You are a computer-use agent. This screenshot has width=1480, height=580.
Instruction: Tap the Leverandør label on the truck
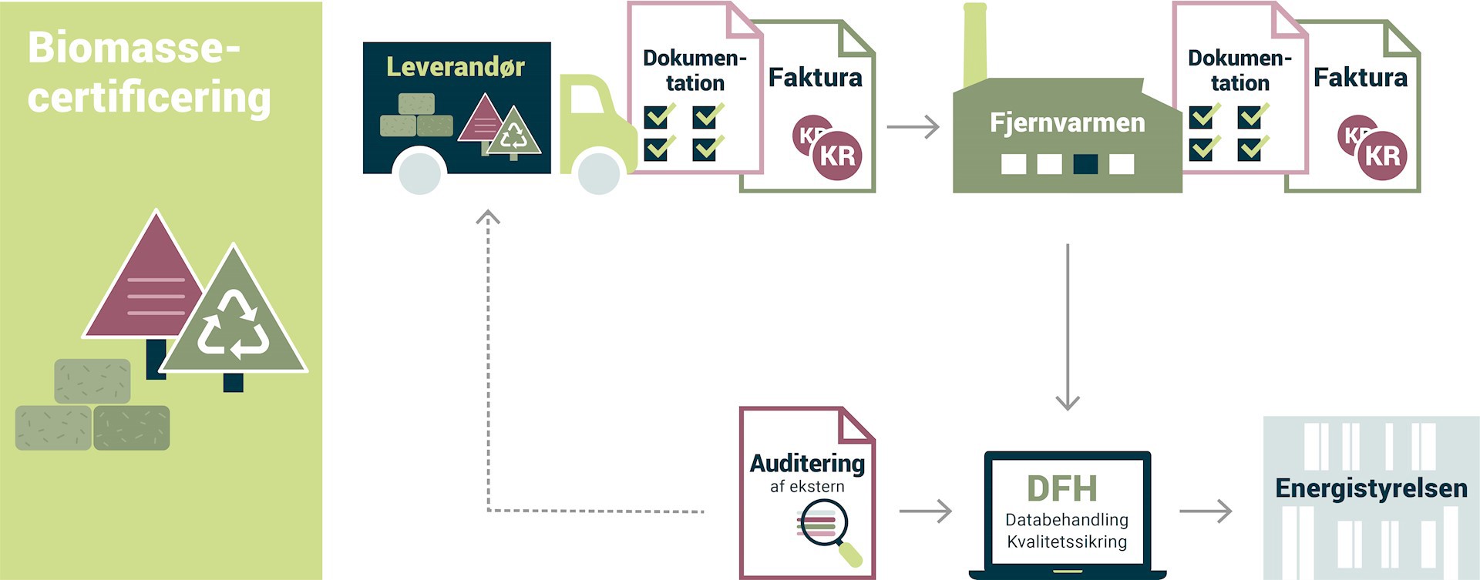[455, 67]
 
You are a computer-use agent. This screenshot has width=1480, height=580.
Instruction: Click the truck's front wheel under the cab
[599, 173]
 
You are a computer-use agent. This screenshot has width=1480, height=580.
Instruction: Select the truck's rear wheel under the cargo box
[420, 173]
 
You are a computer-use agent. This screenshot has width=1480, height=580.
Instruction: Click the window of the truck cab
[586, 99]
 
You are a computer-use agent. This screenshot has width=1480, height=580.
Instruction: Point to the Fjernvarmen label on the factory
[1067, 122]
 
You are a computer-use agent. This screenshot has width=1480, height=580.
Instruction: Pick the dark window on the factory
[1085, 163]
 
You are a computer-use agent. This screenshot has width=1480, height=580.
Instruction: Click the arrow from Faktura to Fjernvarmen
[913, 126]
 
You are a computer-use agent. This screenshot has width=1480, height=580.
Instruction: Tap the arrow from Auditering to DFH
[925, 511]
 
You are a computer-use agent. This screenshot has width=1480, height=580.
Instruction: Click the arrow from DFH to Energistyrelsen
[1206, 511]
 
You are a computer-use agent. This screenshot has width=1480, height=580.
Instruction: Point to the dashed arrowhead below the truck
[488, 217]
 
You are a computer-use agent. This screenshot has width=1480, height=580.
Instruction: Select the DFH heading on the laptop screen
[1061, 488]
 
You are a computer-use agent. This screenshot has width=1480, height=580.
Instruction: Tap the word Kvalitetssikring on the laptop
[1067, 541]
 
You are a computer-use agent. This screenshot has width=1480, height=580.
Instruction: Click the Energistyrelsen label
[1371, 488]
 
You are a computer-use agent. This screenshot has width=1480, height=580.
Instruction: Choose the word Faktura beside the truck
[815, 78]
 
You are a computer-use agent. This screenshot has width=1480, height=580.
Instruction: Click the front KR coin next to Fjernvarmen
[1381, 156]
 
